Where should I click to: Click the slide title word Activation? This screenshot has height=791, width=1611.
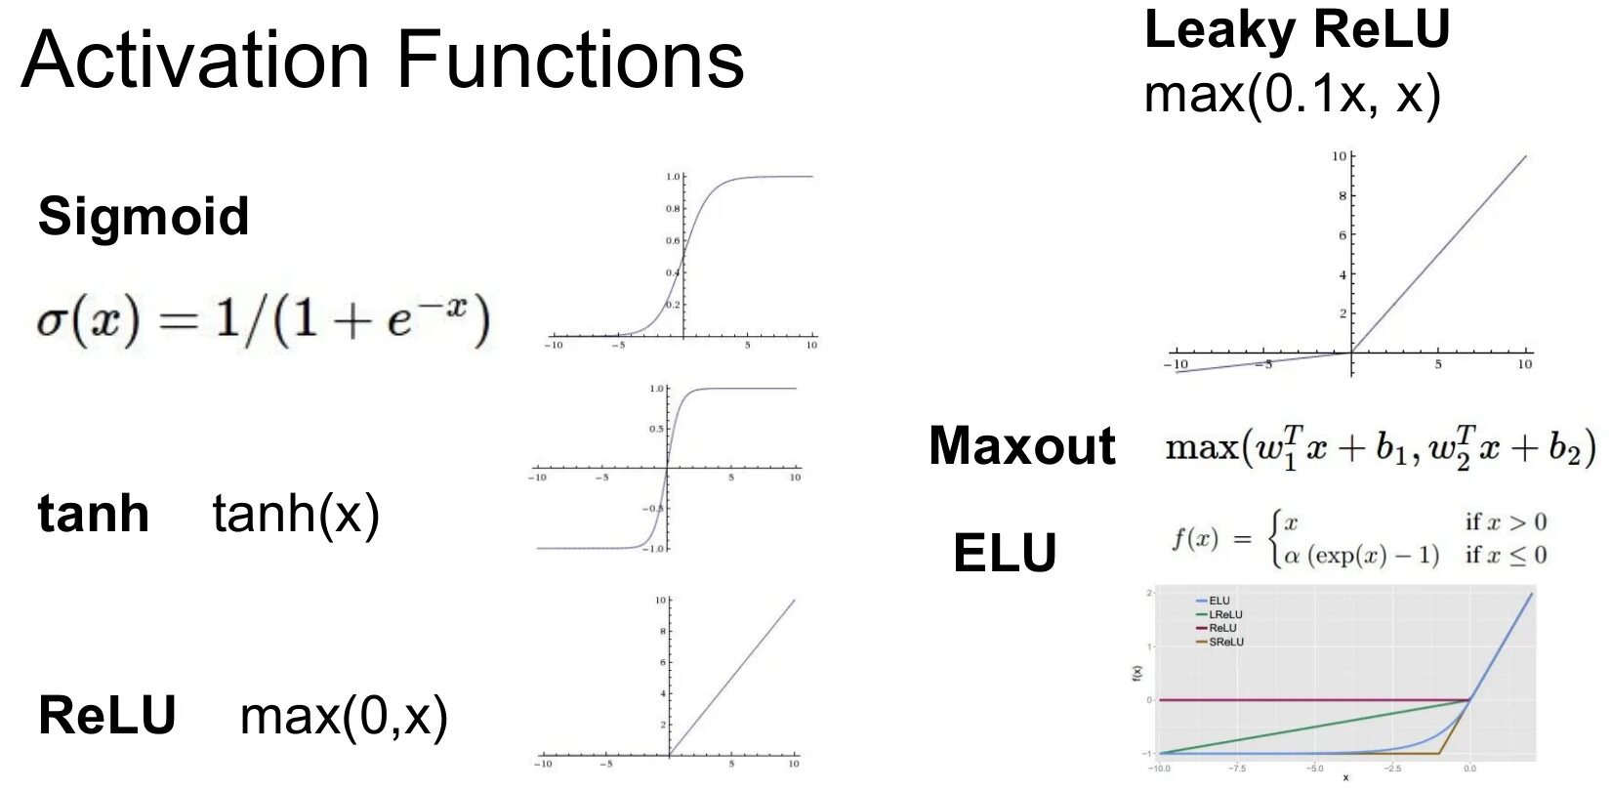click(x=195, y=61)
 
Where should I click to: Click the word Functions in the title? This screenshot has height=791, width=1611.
click(x=570, y=61)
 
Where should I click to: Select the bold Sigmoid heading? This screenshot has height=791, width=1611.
click(x=144, y=216)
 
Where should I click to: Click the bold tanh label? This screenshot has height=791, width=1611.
click(x=93, y=514)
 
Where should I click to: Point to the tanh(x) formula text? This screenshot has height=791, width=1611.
click(x=296, y=514)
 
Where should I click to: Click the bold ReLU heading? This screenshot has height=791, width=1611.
click(x=107, y=715)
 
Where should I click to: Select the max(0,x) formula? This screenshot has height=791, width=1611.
click(x=344, y=717)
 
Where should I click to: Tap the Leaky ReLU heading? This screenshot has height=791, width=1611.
click(x=1297, y=29)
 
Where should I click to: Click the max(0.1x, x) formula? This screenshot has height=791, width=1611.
click(x=1292, y=95)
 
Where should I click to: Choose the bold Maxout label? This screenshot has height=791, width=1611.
click(x=1021, y=446)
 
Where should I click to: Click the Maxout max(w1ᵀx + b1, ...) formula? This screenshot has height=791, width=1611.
click(x=1381, y=447)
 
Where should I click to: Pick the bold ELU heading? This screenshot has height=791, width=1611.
click(x=1005, y=554)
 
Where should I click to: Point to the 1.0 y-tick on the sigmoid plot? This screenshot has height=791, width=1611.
click(x=673, y=177)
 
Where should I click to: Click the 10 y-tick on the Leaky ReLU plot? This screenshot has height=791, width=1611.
click(x=1339, y=156)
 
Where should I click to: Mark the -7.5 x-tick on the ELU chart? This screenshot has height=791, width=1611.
click(x=1236, y=769)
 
